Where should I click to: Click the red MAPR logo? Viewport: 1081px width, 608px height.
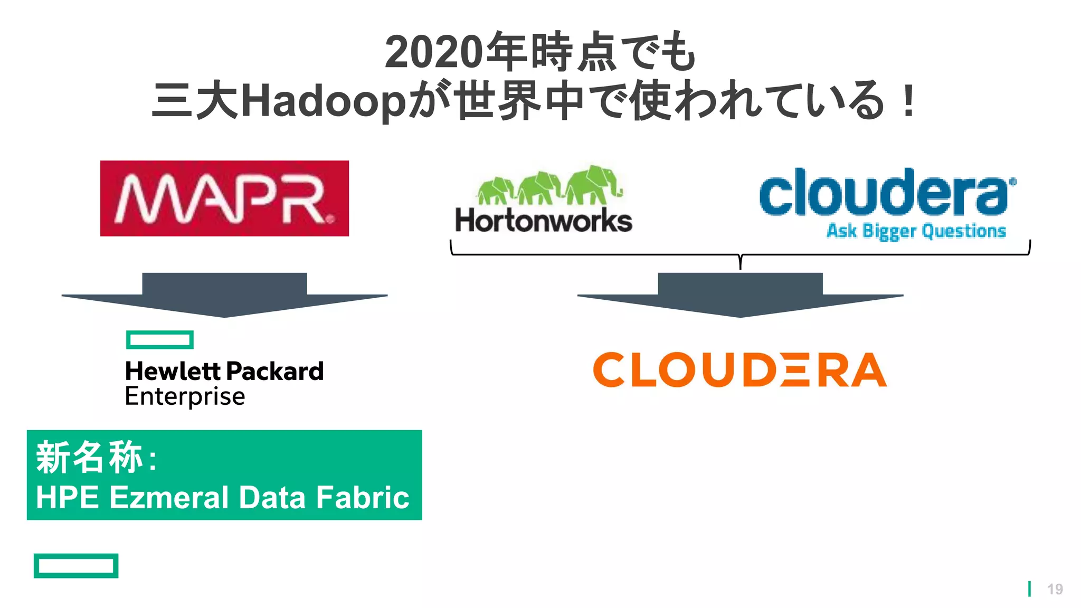tap(224, 198)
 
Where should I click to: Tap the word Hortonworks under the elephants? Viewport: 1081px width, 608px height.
tap(544, 221)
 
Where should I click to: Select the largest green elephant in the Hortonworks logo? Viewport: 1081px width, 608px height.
tap(594, 184)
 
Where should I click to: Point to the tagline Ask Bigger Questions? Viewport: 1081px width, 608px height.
tap(916, 231)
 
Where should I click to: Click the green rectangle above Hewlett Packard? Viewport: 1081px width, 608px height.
tap(160, 340)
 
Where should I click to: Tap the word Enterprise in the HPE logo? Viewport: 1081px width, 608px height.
tap(185, 396)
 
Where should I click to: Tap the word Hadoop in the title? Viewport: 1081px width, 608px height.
tap(323, 101)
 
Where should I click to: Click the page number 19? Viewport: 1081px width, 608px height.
tap(1055, 589)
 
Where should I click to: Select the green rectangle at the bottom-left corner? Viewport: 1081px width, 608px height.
tap(76, 566)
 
